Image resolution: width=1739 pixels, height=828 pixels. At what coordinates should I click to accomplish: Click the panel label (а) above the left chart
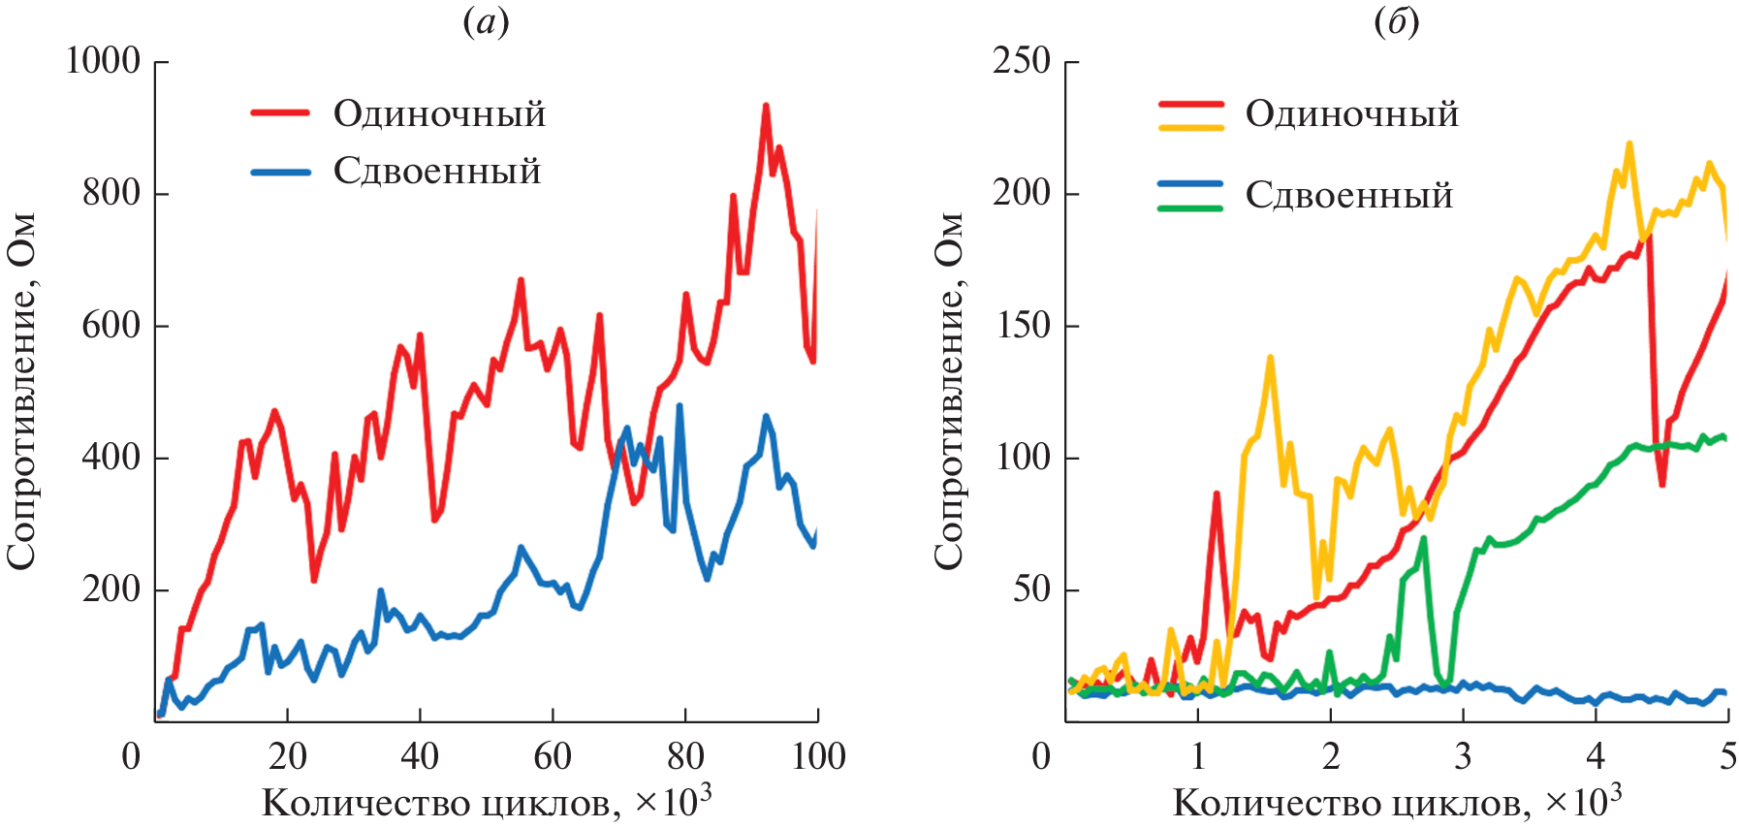486,22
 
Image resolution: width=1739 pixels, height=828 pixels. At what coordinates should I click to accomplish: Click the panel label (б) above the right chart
1397,22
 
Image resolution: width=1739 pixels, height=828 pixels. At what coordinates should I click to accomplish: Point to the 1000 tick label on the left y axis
103,61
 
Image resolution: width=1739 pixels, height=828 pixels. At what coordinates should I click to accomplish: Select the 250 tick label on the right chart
1022,61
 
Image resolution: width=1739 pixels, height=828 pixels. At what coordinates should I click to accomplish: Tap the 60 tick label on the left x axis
553,756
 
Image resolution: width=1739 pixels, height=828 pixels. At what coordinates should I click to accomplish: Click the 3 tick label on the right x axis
1463,756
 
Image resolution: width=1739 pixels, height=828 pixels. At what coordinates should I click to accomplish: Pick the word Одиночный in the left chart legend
439,114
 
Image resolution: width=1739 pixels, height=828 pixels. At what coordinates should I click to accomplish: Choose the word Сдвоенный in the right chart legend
1348,196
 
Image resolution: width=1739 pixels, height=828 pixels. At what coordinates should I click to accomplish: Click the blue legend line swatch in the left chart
280,173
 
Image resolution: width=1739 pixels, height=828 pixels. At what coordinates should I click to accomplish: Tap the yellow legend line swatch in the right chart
1191,127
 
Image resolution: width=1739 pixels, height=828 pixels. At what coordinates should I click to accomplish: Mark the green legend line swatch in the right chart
1191,207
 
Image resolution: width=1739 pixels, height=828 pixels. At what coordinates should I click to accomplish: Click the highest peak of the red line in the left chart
766,106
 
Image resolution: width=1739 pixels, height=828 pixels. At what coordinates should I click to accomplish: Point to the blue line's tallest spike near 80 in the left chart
679,406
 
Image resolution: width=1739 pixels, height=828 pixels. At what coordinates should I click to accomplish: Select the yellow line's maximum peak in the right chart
1629,144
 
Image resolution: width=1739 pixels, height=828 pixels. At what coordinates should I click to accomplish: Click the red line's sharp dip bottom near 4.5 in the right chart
1662,484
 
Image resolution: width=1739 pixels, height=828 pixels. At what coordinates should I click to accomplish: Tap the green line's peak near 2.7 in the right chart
1423,538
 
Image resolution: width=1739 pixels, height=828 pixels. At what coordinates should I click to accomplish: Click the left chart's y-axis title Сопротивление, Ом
21,391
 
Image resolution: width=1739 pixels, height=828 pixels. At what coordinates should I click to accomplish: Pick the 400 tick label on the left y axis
111,458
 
